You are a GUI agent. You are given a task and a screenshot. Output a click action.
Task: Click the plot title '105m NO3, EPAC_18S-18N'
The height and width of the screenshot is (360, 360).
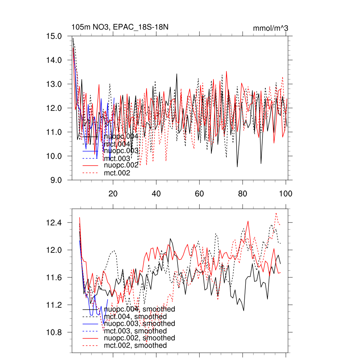[117, 27]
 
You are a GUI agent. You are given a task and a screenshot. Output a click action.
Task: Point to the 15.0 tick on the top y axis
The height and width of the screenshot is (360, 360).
[54, 36]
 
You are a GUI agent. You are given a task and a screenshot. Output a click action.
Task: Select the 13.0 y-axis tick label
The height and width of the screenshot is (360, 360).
[54, 84]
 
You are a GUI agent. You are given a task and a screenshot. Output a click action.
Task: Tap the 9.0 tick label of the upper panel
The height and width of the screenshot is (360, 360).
[57, 180]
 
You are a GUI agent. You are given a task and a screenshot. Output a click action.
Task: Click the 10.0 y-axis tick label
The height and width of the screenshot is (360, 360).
[54, 156]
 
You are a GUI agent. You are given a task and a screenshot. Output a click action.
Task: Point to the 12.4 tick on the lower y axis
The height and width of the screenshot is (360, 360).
[54, 223]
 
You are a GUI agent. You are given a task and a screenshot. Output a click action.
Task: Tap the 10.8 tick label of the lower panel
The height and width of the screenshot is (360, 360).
[54, 332]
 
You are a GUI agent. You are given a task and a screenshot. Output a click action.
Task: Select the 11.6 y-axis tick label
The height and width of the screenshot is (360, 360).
[54, 278]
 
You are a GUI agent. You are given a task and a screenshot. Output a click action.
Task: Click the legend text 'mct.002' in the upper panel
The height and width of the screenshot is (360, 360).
[117, 173]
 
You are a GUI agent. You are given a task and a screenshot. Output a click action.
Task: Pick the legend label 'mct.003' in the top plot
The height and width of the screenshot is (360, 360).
[117, 159]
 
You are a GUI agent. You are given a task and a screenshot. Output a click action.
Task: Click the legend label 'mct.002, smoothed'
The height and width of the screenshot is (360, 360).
[135, 346]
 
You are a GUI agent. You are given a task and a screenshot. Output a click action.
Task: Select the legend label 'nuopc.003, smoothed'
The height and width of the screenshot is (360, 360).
[140, 323]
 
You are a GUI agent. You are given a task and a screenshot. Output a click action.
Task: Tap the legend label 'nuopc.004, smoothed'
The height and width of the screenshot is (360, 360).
[140, 309]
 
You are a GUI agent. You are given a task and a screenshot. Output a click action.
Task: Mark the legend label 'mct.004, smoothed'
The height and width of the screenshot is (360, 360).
[135, 317]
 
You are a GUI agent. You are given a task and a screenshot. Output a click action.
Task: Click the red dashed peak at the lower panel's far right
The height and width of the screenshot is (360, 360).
[276, 213]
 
